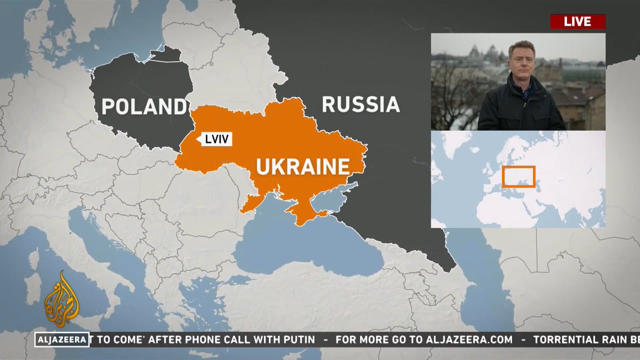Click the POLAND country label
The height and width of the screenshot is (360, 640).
click(x=144, y=106)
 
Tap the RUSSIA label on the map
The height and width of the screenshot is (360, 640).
click(x=360, y=104)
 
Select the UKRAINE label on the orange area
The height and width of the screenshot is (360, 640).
click(x=302, y=166)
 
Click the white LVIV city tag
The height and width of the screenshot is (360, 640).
click(x=216, y=139)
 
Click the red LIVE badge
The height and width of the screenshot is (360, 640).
click(x=577, y=21)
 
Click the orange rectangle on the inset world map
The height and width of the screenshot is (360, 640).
click(x=518, y=176)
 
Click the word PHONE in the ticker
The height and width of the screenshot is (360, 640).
click(x=202, y=339)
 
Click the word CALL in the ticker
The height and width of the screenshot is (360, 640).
click(x=237, y=339)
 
